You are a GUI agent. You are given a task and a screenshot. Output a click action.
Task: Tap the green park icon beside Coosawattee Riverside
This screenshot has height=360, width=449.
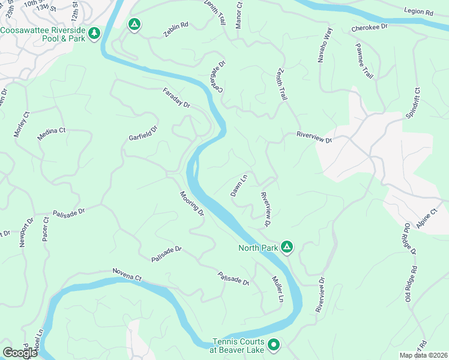click(94, 34)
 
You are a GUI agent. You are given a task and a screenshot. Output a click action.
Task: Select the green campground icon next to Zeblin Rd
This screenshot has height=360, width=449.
click(134, 25)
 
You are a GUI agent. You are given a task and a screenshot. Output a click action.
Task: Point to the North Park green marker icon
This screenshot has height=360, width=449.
click(288, 247)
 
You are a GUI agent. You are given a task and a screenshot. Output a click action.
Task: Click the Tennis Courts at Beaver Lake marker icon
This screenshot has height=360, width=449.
click(274, 344)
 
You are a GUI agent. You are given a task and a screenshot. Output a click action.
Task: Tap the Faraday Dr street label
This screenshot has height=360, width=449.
click(176, 98)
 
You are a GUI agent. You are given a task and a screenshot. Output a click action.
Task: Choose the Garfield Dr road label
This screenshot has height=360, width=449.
click(143, 133)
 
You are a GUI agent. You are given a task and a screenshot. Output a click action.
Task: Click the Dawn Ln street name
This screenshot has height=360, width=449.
click(239, 185)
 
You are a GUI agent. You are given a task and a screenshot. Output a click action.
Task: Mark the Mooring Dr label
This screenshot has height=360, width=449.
click(192, 204)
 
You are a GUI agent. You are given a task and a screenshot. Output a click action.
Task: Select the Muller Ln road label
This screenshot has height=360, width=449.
click(277, 290)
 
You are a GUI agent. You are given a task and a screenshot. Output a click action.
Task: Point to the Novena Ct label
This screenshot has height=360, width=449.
click(126, 275)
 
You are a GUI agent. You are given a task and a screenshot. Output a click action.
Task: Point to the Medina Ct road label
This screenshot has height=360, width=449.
click(51, 133)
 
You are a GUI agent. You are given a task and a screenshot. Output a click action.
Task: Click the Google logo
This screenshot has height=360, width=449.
click(20, 352)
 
